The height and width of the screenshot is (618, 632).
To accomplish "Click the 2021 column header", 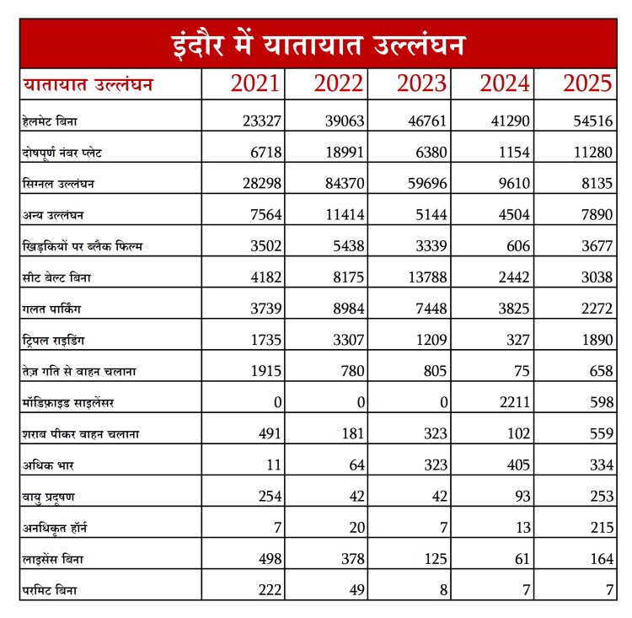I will pos(255,84).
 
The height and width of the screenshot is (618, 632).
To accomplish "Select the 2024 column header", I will pos(505,84).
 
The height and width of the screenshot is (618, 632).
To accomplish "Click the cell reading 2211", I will pos(511,402).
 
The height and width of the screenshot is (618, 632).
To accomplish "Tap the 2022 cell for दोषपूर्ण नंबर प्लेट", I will pos(345,153).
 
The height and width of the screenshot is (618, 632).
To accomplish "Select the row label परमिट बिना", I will pos(49,589).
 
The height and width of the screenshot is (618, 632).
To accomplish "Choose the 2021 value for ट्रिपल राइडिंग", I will pos(265,340).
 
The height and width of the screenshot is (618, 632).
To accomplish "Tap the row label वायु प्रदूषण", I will pos(51,496).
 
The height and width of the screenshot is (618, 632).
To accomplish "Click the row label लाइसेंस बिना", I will pos(52,558).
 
